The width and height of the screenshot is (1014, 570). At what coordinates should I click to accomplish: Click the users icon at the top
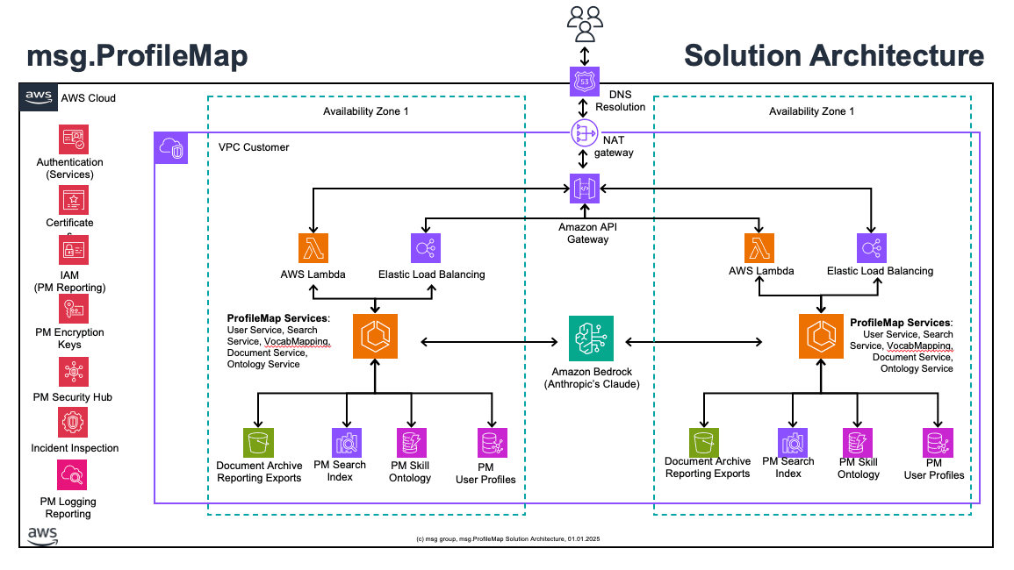[x=584, y=23]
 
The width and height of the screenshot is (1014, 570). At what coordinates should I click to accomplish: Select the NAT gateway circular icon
[x=584, y=133]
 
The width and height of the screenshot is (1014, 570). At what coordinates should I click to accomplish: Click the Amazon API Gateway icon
[x=584, y=188]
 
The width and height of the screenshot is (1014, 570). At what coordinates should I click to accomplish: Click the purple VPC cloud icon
[x=171, y=148]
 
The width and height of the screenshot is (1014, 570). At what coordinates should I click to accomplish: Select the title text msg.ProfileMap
[x=137, y=56]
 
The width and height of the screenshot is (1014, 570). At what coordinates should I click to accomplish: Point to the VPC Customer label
[x=254, y=147]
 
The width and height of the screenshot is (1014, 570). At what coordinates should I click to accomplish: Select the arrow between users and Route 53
[x=584, y=54]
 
